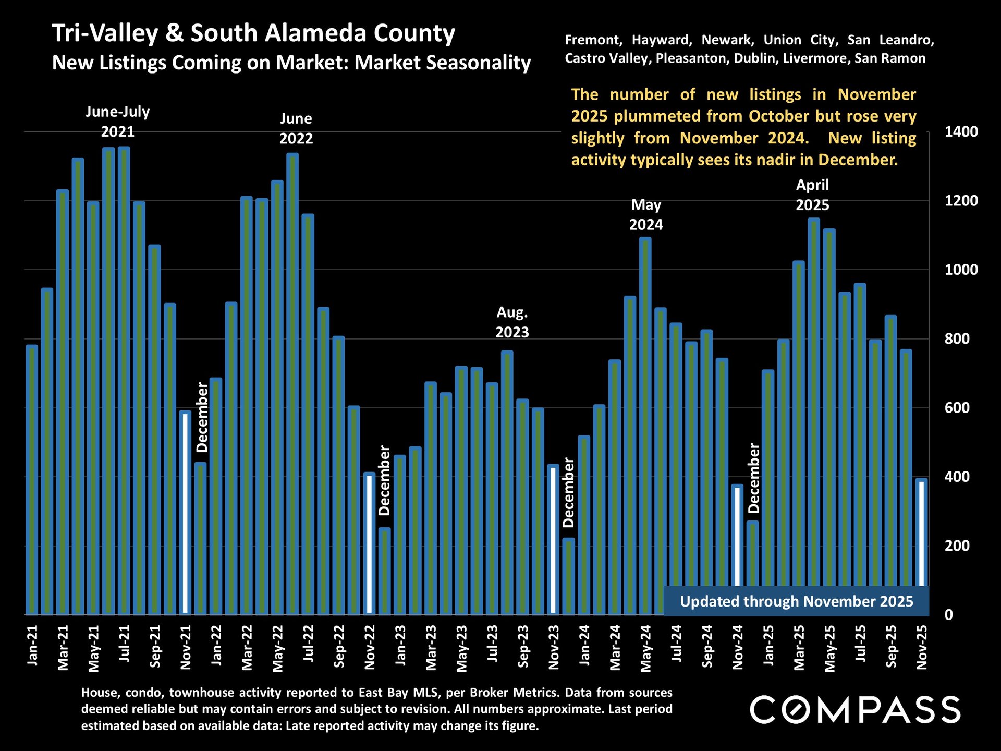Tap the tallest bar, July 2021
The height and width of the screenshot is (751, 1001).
tap(124, 381)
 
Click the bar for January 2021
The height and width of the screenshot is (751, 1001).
tap(32, 480)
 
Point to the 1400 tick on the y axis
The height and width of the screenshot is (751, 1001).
tap(961, 132)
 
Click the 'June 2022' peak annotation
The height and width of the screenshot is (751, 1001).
tap(296, 128)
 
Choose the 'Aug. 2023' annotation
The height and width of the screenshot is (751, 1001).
tap(512, 322)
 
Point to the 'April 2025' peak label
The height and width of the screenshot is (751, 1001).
tap(812, 195)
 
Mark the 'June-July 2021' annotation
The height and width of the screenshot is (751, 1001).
tap(118, 121)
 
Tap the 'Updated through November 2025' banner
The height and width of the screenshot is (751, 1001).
tap(796, 601)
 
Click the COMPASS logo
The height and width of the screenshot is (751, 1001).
tap(855, 709)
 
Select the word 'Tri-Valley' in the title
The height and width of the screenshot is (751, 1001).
tap(105, 33)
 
